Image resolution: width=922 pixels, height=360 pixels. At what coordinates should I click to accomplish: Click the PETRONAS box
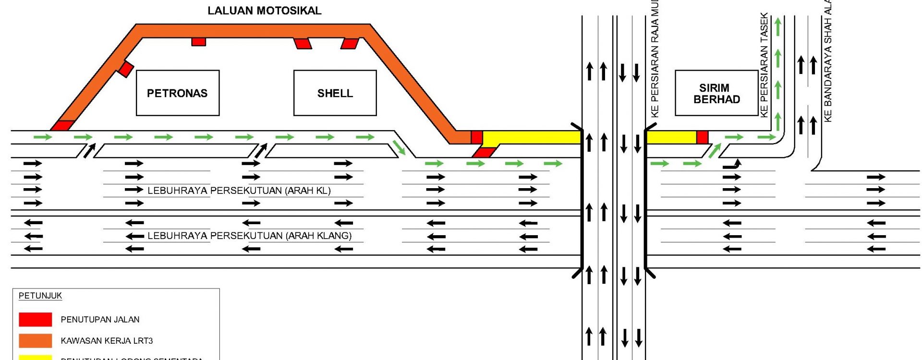pos(177,93)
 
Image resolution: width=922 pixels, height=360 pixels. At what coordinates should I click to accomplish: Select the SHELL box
pos(335,93)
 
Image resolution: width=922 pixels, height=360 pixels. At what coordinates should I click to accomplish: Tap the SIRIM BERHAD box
pos(716,93)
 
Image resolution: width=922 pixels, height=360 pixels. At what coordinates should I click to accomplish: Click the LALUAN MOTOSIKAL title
pos(264,11)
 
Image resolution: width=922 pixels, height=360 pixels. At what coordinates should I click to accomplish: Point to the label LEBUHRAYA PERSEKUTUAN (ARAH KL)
pos(239,191)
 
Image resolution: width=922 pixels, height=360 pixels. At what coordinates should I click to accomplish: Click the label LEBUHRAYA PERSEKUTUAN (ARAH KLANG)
pos(249,236)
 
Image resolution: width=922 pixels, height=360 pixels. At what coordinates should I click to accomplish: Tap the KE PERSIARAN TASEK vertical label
pos(764,65)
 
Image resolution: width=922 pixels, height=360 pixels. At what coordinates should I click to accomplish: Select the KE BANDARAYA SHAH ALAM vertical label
pos(827,60)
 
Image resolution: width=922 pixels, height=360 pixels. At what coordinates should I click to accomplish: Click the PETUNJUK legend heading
pos(40,296)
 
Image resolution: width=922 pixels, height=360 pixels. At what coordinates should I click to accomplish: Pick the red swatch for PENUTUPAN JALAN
pos(35,319)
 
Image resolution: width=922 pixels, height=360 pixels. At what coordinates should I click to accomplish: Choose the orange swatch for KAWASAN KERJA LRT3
pos(35,340)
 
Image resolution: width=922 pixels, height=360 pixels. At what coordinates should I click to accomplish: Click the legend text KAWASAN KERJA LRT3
pos(107,341)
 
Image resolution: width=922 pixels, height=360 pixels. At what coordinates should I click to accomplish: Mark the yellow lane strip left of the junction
pos(532,137)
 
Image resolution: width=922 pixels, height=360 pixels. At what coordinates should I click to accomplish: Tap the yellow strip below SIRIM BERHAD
pos(671,137)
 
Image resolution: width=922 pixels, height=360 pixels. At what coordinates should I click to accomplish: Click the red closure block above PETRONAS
pos(198,42)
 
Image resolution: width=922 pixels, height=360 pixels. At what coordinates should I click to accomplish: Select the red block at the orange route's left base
pos(62,126)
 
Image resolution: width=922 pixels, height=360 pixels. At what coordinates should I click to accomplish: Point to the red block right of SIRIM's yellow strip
pos(702,137)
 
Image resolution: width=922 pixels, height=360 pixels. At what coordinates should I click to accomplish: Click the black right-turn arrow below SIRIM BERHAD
pos(733,165)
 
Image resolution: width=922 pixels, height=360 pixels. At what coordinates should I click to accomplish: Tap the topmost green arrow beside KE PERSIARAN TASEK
pos(778,27)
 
